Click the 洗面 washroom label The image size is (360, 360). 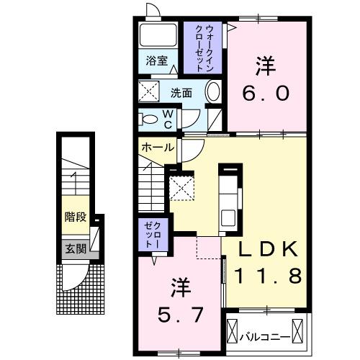180,92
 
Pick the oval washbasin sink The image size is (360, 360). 213,92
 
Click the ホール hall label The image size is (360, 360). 157,147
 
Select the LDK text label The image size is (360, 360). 268,250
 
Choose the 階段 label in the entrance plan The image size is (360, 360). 74,217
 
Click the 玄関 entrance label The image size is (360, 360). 76,250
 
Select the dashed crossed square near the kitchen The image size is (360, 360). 181,189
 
